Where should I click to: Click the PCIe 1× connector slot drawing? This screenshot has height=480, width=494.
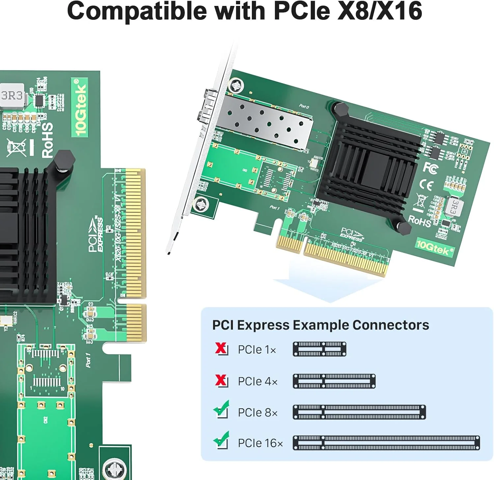point(319,349)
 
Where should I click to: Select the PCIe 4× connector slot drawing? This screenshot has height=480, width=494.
point(334,381)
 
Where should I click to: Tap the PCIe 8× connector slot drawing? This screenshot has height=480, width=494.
point(359,412)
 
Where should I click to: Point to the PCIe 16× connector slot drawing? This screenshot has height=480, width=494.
point(386,443)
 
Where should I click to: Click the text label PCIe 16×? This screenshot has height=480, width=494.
point(260,443)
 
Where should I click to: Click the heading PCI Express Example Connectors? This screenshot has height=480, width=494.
point(320,325)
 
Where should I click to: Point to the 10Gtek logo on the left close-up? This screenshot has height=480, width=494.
point(80,107)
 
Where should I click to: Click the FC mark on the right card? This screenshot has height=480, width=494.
point(430,168)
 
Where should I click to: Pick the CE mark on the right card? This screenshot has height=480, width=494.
point(426,185)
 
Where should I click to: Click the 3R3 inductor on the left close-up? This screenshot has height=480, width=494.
point(12,96)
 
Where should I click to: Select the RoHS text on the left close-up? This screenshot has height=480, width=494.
point(47,140)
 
